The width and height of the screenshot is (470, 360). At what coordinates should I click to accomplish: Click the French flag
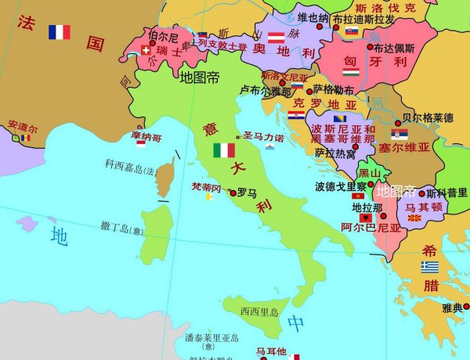coord(59,32)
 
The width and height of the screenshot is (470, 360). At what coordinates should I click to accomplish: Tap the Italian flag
coord(224,150)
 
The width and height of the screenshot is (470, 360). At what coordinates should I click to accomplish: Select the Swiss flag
coord(145,50)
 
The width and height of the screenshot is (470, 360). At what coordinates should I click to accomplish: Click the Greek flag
coord(429,267)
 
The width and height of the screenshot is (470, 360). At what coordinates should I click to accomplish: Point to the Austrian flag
coord(276,37)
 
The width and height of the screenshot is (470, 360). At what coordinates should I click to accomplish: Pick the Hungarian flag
coord(351,73)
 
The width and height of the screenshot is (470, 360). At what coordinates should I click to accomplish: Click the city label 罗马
coord(247,192)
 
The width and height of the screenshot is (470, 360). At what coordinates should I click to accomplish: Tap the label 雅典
coord(452,308)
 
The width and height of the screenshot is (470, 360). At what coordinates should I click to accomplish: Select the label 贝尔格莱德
coord(427,118)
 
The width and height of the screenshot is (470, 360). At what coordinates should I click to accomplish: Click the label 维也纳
coord(313,17)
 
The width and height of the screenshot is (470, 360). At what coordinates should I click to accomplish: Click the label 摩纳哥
coord(146,137)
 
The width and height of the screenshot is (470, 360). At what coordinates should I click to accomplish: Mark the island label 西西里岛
coord(259,311)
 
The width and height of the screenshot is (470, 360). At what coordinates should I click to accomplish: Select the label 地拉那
coord(367,207)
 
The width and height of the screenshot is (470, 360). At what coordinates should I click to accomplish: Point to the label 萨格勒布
coord(333,89)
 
